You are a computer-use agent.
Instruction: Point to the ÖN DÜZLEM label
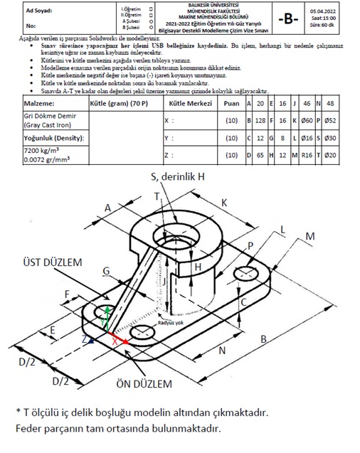tap(146, 383)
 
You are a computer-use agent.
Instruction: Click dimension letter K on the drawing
tap(223, 202)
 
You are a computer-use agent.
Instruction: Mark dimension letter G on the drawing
tap(105, 270)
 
